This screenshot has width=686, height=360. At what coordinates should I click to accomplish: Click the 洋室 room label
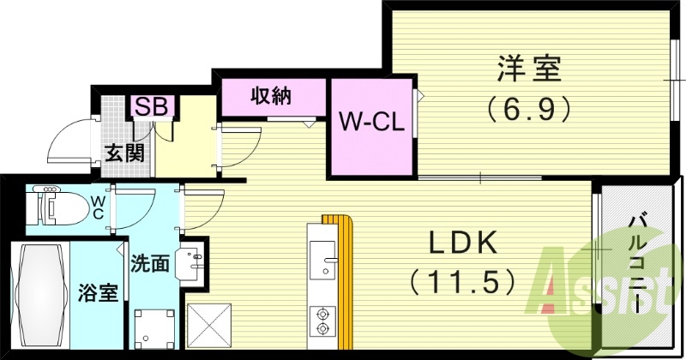tap(527, 68)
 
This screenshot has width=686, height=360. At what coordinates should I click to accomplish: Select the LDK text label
tap(463, 243)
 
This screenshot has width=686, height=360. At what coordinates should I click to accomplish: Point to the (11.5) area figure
tap(463, 280)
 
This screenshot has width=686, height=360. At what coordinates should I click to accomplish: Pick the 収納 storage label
tap(270, 95)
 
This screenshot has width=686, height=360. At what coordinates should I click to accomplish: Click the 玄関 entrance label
tap(124, 154)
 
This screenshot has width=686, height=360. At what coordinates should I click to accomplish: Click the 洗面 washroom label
tap(149, 263)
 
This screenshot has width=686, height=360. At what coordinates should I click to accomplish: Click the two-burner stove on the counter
tap(323, 319)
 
